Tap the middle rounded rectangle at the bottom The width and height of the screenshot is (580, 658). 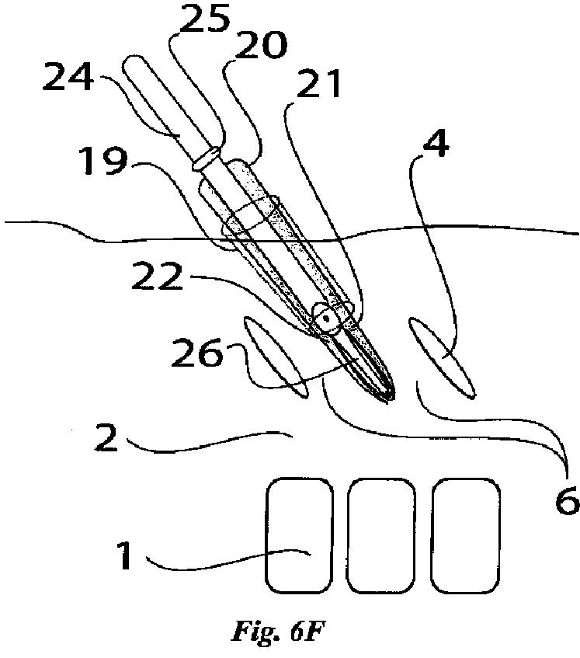click(x=380, y=534)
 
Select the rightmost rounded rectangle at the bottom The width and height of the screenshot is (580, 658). click(x=464, y=534)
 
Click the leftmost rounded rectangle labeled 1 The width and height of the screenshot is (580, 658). click(x=299, y=534)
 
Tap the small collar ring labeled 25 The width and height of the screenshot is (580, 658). click(x=208, y=159)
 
